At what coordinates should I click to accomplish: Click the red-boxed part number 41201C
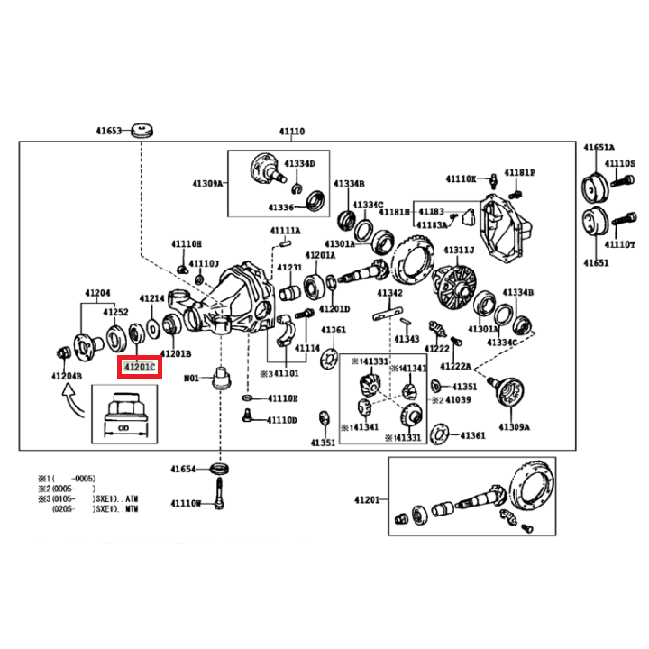pos(140,368)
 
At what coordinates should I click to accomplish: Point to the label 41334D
pos(300,164)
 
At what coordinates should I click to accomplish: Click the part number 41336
pos(280,206)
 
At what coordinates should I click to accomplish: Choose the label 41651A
pos(599,147)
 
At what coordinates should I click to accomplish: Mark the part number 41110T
pos(621,243)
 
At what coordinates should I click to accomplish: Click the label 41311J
pos(458,250)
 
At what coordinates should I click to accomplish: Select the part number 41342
pos(390,294)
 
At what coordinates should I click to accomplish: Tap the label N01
pos(190,379)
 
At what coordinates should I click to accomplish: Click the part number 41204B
pos(66,375)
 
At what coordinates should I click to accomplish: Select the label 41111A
pos(286,232)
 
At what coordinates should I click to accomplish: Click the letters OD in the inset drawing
pos(124,429)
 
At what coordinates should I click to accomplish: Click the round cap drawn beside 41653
pos(141,130)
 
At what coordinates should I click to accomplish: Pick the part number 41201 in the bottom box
pos(368,498)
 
